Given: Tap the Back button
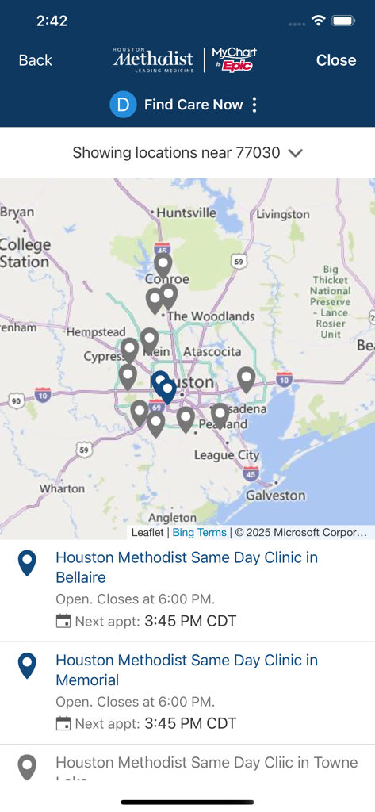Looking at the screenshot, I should tap(36, 60).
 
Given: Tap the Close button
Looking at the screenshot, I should tap(336, 60).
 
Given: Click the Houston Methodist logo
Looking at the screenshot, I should tap(153, 59).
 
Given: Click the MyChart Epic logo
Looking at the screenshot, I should tap(234, 59).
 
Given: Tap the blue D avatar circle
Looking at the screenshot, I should tap(123, 105).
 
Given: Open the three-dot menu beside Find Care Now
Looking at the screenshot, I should tap(254, 105).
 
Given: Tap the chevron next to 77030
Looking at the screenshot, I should tap(296, 153).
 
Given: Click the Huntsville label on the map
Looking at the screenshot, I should tap(186, 213).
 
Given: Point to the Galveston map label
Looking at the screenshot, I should tap(275, 495).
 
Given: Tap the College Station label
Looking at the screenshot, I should tap(25, 253).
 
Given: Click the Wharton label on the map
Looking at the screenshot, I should tap(62, 488).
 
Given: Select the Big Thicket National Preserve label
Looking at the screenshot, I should tap(331, 302).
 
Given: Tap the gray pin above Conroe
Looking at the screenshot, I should tap(163, 263).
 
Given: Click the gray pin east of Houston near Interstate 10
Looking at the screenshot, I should tap(247, 379).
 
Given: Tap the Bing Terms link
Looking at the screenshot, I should tap(199, 532).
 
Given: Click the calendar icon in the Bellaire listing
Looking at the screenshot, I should tap(63, 621).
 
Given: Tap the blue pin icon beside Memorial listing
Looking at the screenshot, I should tap(27, 666).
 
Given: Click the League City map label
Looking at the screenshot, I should tap(227, 455).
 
